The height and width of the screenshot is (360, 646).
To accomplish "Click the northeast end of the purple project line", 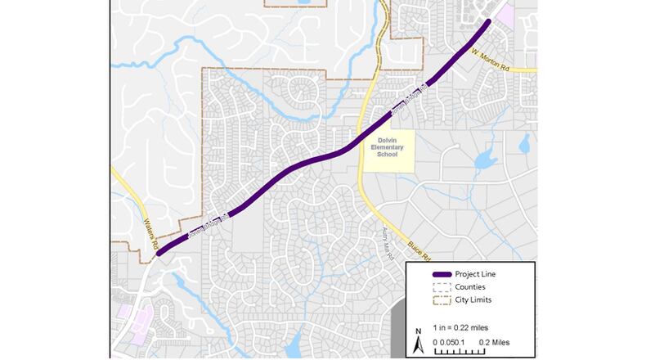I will coord(489,21).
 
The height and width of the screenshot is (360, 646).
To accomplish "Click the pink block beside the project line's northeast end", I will coord(506,15).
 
